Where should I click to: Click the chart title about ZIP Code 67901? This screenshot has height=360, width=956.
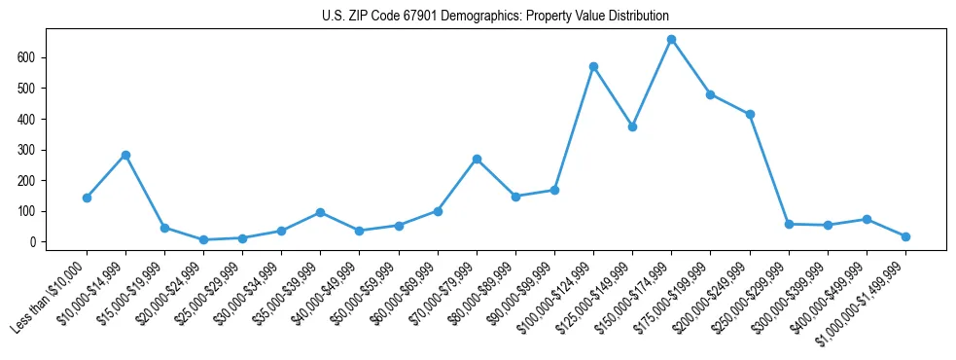(x=495, y=17)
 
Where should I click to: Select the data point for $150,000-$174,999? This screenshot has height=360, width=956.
(x=671, y=40)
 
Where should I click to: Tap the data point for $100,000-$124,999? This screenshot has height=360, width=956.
(x=593, y=67)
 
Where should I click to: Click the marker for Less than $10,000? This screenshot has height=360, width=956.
(x=87, y=198)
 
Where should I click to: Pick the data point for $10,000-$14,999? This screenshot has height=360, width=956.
(x=125, y=155)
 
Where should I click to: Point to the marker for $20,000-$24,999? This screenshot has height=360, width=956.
(x=203, y=239)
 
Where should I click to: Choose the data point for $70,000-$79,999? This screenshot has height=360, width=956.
(x=477, y=159)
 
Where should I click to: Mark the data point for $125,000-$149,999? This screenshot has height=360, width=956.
(x=632, y=126)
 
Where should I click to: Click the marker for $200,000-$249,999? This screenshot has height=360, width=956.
(x=750, y=115)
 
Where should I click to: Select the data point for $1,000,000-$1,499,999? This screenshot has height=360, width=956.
(x=905, y=236)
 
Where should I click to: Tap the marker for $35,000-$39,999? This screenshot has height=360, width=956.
(x=320, y=212)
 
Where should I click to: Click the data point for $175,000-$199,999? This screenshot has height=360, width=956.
(x=710, y=94)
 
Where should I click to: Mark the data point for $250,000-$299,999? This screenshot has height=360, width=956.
(x=789, y=224)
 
